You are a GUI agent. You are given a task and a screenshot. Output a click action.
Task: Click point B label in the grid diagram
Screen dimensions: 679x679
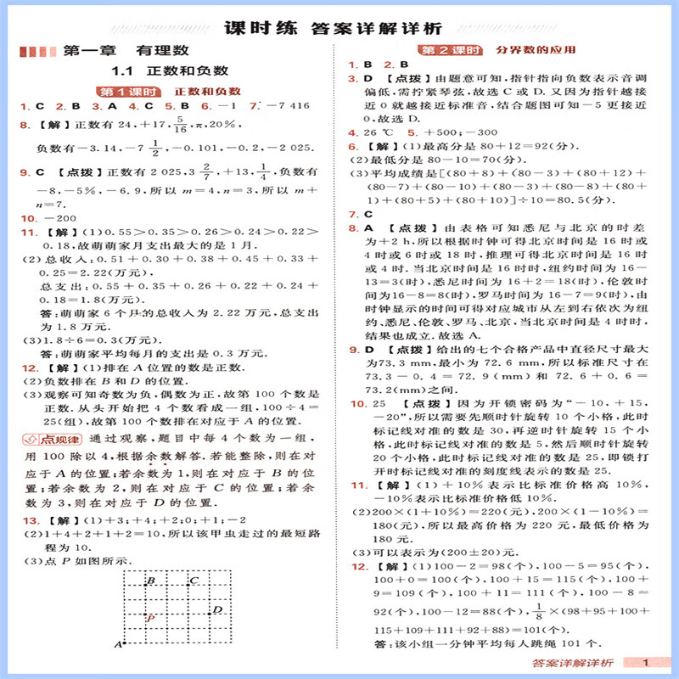click(150, 581)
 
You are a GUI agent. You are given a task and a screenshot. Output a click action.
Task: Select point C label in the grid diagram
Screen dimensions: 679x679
click(194, 581)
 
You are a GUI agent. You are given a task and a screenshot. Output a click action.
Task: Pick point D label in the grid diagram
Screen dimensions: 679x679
click(217, 609)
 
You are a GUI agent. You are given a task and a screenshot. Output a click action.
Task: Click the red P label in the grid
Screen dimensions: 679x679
click(149, 617)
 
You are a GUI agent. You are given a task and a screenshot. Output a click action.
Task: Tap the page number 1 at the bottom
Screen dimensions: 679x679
click(647, 663)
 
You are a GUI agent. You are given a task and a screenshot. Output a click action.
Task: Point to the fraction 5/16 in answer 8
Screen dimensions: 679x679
click(179, 125)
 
